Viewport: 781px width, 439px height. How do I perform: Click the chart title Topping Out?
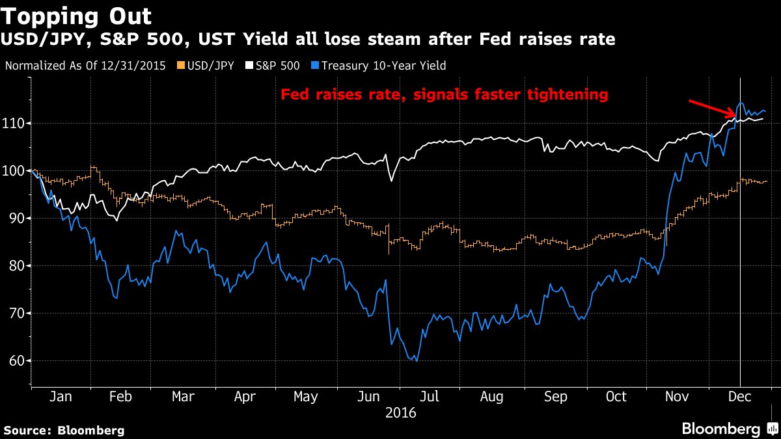tap(76, 17)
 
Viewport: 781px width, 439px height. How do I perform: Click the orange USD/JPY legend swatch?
tap(181, 66)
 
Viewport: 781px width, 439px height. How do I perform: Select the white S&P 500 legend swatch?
tap(249, 66)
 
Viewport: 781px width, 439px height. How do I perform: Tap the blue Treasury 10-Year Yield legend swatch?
tap(315, 66)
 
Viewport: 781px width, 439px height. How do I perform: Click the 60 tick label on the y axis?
tap(16, 360)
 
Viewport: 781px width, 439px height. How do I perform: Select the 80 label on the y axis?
tap(16, 266)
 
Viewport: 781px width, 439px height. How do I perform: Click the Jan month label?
tap(61, 397)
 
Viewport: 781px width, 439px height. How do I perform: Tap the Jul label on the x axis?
tap(429, 397)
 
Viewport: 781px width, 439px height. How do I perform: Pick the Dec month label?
tap(739, 397)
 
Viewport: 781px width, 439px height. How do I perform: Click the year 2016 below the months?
tap(401, 413)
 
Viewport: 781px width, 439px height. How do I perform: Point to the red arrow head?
tap(734, 115)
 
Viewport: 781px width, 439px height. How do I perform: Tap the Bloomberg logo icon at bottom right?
tap(773, 428)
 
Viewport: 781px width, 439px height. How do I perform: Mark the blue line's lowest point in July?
tap(417, 361)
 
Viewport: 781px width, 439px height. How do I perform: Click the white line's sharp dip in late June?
tap(392, 181)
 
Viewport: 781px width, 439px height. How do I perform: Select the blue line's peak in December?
tap(740, 103)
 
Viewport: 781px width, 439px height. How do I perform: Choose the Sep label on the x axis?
tap(555, 397)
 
